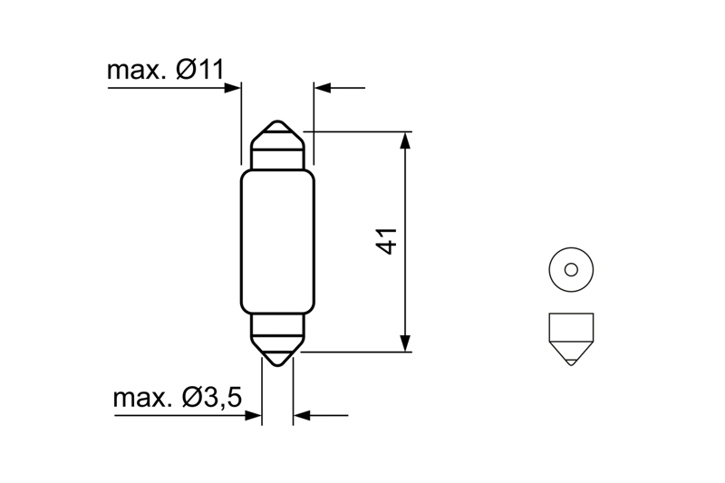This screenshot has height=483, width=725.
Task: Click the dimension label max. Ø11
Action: coord(165,71)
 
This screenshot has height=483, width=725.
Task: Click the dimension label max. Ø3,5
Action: coord(177,398)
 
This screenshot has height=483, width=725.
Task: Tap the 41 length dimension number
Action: coord(387,241)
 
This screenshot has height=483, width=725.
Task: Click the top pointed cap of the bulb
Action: coord(277,135)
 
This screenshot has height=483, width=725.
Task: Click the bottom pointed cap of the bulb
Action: coord(277,352)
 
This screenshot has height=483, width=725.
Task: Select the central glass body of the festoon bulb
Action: coord(277,241)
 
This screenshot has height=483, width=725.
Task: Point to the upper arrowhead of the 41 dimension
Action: coord(405,140)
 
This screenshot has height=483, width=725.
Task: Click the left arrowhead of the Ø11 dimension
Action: coord(233,87)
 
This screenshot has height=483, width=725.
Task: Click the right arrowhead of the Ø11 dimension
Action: coord(323,87)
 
